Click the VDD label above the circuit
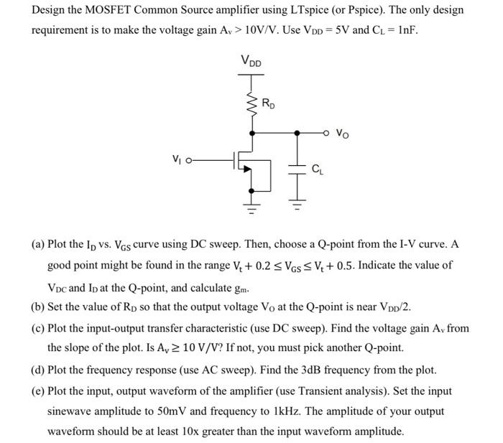pyautogui.click(x=251, y=62)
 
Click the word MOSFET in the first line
pyautogui.click(x=119, y=11)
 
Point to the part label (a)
pyautogui.click(x=38, y=245)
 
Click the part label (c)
pyautogui.click(x=38, y=329)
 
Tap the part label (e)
pyautogui.click(x=38, y=391)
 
